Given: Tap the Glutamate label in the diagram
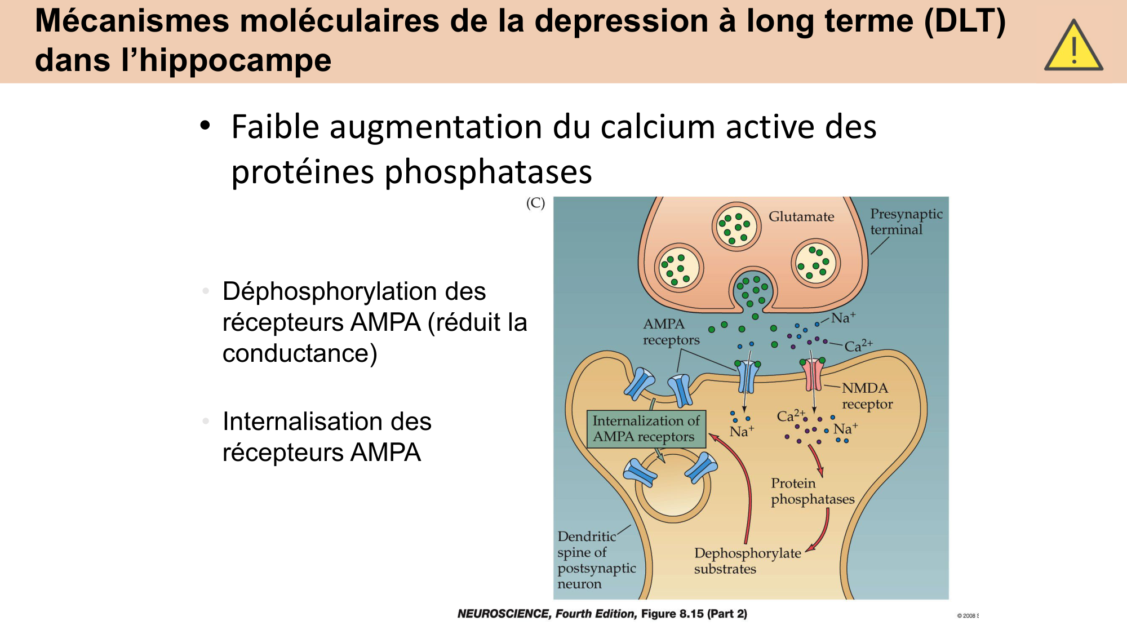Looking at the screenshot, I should point(801,217).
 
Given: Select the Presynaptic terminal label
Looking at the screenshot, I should point(906,221).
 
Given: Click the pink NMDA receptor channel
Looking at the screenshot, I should point(813,374).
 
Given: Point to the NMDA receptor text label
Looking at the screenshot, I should point(866,396).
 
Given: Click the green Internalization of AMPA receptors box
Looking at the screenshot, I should point(646,429).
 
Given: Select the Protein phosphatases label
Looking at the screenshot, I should point(812,491).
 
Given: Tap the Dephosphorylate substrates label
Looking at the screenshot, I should point(747,561).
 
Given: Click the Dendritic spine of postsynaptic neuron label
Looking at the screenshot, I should point(596,560).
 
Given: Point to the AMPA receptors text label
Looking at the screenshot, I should point(671,332).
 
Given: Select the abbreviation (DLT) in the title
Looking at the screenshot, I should point(965,21).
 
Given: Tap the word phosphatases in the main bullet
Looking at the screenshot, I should point(488,172).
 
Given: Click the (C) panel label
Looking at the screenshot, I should point(535,203).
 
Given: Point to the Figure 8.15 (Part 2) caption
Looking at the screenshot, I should point(694,614).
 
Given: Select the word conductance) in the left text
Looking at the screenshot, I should point(300,354).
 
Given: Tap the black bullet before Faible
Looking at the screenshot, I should point(205,125).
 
